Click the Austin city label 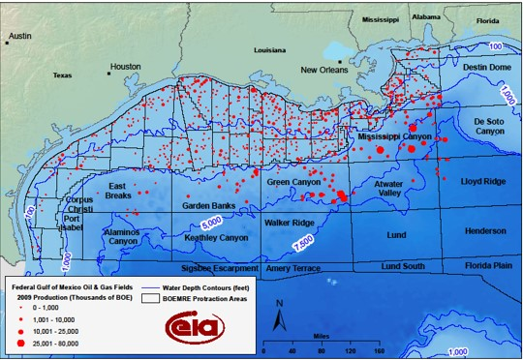tap(18, 36)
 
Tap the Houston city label tap(125, 67)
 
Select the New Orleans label tap(323, 70)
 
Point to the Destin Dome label tap(486, 67)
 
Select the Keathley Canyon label tap(214, 237)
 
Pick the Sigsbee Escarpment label tap(218, 267)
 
